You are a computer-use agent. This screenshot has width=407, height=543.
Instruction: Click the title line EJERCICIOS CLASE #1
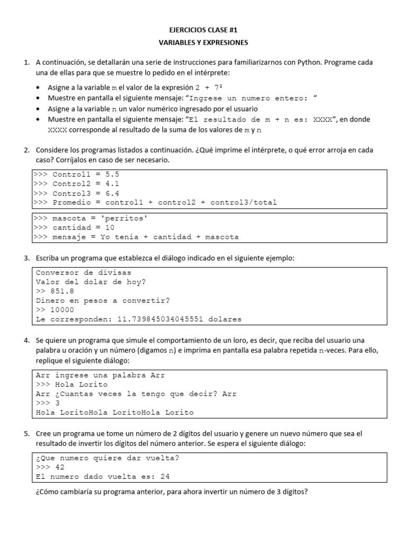point(203,30)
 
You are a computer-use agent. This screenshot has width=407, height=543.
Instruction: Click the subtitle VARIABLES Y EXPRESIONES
point(203,42)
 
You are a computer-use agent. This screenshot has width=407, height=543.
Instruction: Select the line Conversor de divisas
point(83,273)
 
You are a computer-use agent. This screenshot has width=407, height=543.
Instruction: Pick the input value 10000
point(63,310)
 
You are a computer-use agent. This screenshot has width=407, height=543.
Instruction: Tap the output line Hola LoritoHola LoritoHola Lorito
point(114,412)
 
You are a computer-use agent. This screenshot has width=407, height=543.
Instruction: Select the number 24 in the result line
point(165,477)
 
